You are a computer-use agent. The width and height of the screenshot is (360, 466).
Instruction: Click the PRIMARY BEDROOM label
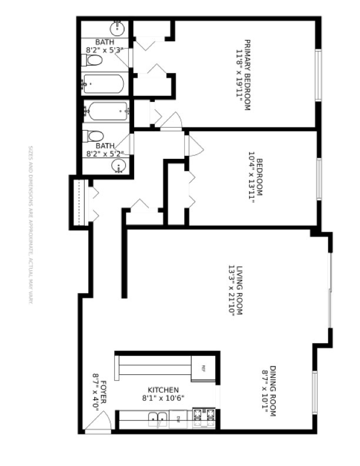coord(248,75)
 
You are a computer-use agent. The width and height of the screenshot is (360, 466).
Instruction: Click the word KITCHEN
coord(163,390)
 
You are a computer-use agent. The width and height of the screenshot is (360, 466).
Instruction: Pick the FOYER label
coord(103,393)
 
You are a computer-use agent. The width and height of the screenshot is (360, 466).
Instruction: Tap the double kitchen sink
coord(158,420)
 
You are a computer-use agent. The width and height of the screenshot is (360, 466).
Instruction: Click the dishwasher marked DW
coord(179,420)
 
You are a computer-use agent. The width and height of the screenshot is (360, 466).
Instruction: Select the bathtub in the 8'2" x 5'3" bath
coord(104,84)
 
